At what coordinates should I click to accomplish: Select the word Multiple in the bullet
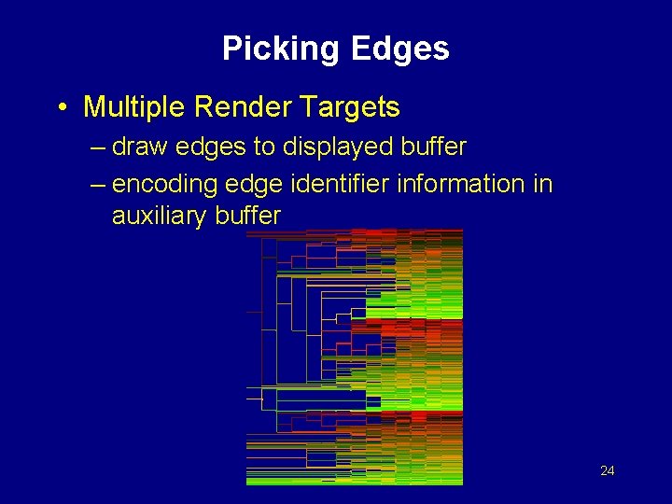point(135,107)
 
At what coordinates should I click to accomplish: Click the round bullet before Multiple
point(62,108)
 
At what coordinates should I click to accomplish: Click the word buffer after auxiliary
point(251,216)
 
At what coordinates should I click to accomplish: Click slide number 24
point(607,470)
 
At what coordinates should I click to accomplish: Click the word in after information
point(543,183)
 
